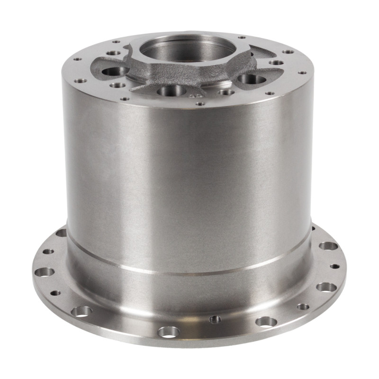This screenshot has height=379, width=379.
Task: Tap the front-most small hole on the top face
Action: [x=200, y=103]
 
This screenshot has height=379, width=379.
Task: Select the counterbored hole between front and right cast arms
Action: [x=226, y=91]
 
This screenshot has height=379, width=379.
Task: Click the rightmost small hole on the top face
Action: [x=301, y=73]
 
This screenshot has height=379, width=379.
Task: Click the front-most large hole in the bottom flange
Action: [x=169, y=331]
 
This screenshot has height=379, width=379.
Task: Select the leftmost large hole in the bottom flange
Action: [x=46, y=272]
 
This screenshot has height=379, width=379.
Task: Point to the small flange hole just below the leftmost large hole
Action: [x=55, y=293]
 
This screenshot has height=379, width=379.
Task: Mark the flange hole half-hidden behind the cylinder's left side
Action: [x=61, y=233]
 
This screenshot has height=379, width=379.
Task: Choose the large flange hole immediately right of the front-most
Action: [x=266, y=321]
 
